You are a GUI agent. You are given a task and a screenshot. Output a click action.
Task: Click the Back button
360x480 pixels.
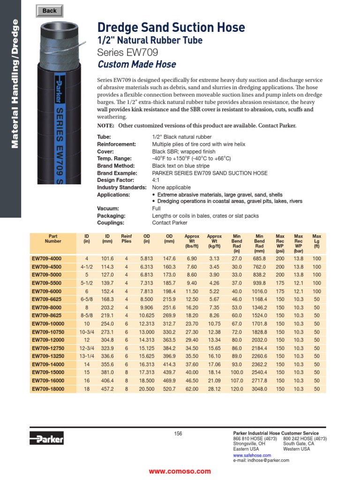[x=49, y=11]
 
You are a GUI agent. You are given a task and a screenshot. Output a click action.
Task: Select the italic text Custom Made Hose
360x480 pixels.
[x=137, y=64]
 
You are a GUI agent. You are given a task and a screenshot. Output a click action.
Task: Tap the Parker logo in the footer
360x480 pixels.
[x=46, y=438]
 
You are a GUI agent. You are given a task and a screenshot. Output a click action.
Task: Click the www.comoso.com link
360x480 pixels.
[x=180, y=471]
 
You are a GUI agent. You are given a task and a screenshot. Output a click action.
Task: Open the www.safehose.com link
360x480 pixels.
[x=252, y=455]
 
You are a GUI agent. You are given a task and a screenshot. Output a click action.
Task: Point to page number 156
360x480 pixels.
[x=178, y=434]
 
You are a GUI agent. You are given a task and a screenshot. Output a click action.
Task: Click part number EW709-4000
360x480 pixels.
[x=46, y=258]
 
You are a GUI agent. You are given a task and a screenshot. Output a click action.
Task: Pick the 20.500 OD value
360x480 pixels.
[x=147, y=389]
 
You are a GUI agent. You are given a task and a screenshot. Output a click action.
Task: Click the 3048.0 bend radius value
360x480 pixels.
[x=259, y=389]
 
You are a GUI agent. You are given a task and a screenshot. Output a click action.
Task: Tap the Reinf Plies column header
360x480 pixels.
[x=126, y=239]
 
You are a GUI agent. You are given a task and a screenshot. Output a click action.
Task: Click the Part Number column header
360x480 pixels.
[x=53, y=239]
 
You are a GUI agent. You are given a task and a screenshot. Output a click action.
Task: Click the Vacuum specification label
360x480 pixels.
[x=108, y=208]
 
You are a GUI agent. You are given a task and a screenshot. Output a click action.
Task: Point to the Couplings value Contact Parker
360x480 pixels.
[x=170, y=223]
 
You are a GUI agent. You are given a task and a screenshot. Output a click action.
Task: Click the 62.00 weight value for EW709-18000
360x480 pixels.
[x=192, y=389]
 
